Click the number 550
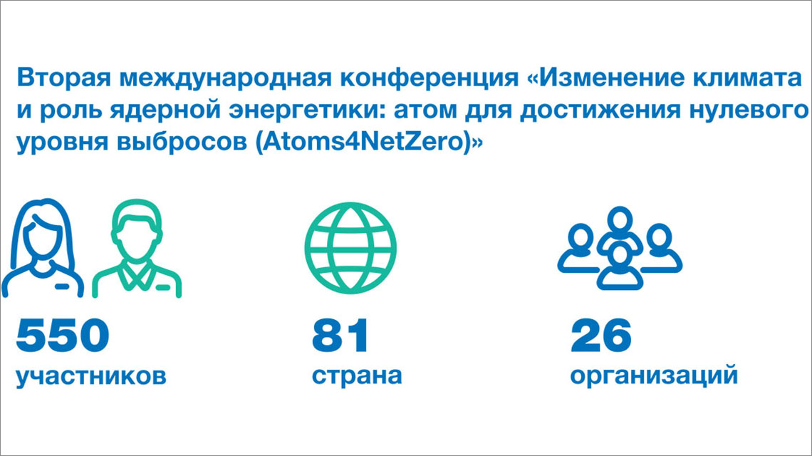pos(63,336)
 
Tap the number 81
pos(340,336)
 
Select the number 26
pos(600,336)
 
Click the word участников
pos(91,376)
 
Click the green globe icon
pos(350,249)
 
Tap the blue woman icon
pos(43,248)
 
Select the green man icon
pos(137,249)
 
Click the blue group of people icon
pos(620,248)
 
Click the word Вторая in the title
pos(64,78)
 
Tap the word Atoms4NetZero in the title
pos(363,142)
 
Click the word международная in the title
pos(226,78)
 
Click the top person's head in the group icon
pos(620,219)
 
